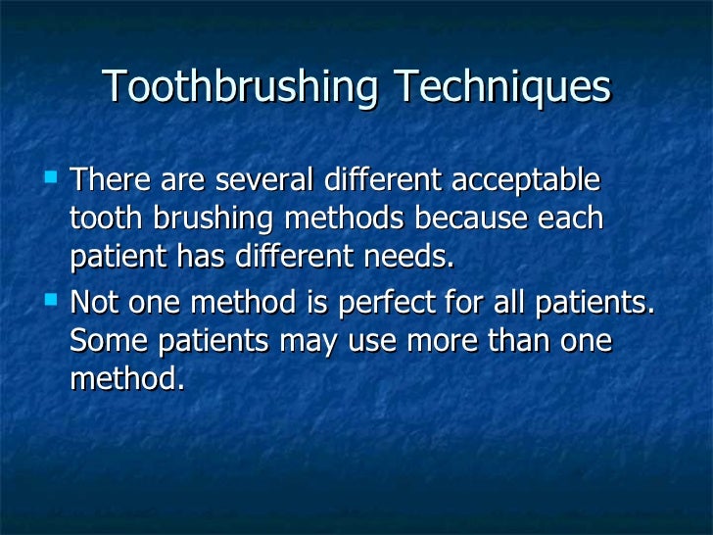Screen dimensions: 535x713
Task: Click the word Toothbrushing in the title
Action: click(x=240, y=88)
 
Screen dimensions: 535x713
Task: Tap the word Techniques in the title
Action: click(x=501, y=88)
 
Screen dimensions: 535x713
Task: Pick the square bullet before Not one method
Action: click(x=52, y=299)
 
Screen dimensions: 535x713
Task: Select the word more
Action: click(x=427, y=341)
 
